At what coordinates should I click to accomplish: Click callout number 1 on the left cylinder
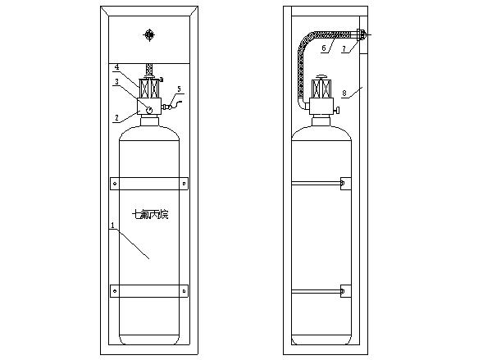pos(113,225)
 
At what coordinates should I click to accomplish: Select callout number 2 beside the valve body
pos(116,118)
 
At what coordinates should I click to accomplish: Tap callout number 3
pos(116,82)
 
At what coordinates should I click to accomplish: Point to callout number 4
pos(116,67)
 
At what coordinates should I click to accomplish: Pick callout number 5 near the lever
pos(179,89)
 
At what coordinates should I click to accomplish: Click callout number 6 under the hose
pos(324,48)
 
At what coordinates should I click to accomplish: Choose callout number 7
pos(344,48)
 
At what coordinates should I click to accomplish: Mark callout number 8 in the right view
pos(344,93)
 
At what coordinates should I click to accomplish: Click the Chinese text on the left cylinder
pos(150,215)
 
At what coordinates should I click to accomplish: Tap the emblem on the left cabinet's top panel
pos(149,34)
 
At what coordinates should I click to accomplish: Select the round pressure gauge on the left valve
pos(149,110)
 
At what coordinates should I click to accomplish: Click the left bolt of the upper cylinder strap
pos(115,184)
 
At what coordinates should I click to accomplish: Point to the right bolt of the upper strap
pos(184,184)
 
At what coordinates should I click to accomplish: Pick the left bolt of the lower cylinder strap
pos(115,291)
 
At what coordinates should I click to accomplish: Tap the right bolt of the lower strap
pos(184,291)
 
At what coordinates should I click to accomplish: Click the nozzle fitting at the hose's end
pos(361,34)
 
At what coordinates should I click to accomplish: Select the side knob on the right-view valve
pos(337,111)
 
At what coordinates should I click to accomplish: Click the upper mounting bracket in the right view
pos(345,184)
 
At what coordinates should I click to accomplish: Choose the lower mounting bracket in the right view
pos(345,291)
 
